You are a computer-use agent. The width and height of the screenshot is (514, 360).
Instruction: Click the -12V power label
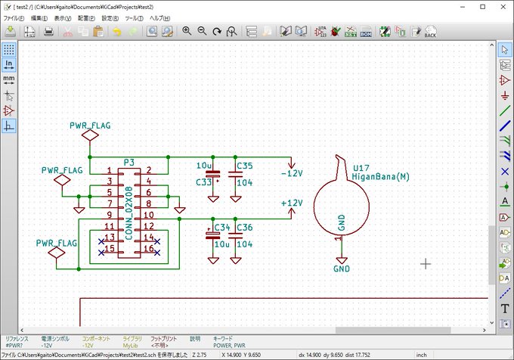(x=291, y=173)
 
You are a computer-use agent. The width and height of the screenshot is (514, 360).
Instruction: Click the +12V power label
(x=291, y=203)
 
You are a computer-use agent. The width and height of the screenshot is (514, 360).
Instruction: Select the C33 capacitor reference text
(x=204, y=182)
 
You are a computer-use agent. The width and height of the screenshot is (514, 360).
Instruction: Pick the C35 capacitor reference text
(x=244, y=165)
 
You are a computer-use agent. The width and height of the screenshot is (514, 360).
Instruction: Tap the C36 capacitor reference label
(x=244, y=228)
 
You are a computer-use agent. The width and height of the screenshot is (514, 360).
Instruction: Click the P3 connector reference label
(x=128, y=162)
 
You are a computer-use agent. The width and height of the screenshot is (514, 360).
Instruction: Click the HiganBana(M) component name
(x=380, y=176)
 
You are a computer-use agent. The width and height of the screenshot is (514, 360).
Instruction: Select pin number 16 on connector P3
(x=149, y=248)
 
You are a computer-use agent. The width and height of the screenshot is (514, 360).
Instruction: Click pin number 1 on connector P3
(x=110, y=171)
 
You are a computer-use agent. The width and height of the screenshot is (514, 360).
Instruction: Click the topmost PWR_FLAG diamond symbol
(x=90, y=135)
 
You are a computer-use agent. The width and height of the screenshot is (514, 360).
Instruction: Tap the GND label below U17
(x=342, y=268)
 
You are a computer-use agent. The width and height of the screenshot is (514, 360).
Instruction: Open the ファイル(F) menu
(x=15, y=18)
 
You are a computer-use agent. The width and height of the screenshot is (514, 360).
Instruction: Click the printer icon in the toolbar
(x=48, y=32)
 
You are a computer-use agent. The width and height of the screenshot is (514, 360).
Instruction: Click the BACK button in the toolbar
(x=430, y=32)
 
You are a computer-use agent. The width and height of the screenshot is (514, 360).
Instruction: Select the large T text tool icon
(x=505, y=309)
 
